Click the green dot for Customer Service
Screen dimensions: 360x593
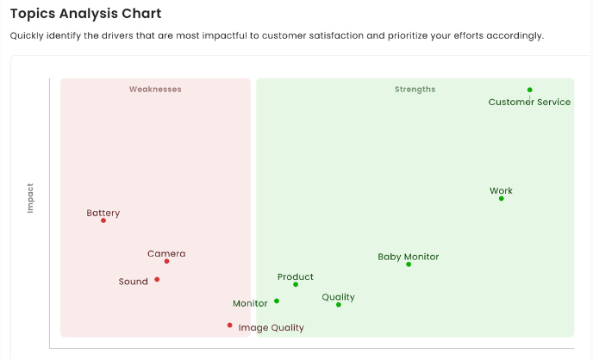[x=530, y=90]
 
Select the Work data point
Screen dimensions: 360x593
[x=501, y=199]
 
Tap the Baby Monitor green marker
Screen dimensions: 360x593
[x=409, y=264]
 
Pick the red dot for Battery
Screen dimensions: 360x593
[x=103, y=220]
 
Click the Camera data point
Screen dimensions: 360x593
[x=166, y=261]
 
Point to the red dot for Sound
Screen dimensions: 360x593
[x=157, y=279]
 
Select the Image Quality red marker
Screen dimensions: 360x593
[x=229, y=326]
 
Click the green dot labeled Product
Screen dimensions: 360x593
[x=296, y=284]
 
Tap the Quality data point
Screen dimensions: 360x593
[x=339, y=305]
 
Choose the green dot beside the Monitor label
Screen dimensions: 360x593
[x=277, y=301]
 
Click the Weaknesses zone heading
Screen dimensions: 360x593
[x=155, y=90]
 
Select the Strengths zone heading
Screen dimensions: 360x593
[x=415, y=90]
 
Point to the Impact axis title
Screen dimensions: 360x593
[x=30, y=197]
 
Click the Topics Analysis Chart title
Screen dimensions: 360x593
[x=85, y=15]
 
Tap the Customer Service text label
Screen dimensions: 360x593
[x=529, y=102]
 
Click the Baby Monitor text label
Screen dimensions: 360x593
[x=409, y=257]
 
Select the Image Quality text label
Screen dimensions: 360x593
[x=271, y=328]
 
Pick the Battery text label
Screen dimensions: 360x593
[x=103, y=213]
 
